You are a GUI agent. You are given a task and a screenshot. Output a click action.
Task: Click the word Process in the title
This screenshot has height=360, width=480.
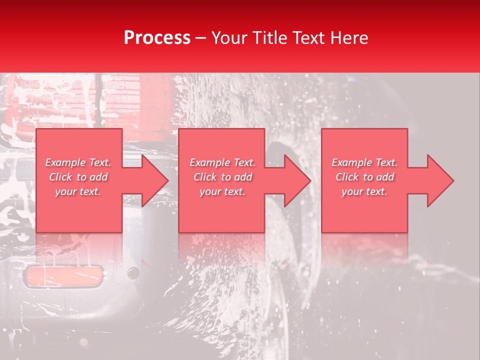(157, 38)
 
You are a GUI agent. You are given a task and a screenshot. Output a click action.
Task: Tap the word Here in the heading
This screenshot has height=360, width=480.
(348, 38)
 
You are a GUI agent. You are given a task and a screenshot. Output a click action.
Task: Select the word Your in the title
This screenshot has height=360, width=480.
(230, 38)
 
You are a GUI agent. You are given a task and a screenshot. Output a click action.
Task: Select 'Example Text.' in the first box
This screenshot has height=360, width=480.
(78, 162)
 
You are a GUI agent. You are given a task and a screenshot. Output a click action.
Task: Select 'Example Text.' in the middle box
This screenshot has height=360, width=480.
(222, 162)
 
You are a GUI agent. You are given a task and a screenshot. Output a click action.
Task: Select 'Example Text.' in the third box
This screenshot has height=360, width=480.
(364, 162)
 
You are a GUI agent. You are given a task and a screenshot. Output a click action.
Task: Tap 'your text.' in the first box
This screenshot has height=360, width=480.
(78, 191)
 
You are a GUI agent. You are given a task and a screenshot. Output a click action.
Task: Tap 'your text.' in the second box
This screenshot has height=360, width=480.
(222, 191)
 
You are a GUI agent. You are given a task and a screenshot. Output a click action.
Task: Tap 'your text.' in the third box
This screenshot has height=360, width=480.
(364, 191)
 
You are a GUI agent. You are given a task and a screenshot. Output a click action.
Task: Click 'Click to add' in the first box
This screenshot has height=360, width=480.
(78, 177)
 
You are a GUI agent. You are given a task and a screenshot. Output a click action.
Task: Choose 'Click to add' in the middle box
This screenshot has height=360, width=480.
(222, 177)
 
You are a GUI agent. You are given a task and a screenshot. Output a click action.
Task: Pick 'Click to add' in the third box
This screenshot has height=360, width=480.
(364, 177)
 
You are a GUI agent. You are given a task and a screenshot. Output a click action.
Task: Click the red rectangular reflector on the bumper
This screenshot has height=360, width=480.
(63, 276)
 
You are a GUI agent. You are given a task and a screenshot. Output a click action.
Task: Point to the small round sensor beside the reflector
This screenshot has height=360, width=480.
(133, 273)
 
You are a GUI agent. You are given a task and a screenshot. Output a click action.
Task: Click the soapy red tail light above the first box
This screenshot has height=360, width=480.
(135, 100)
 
